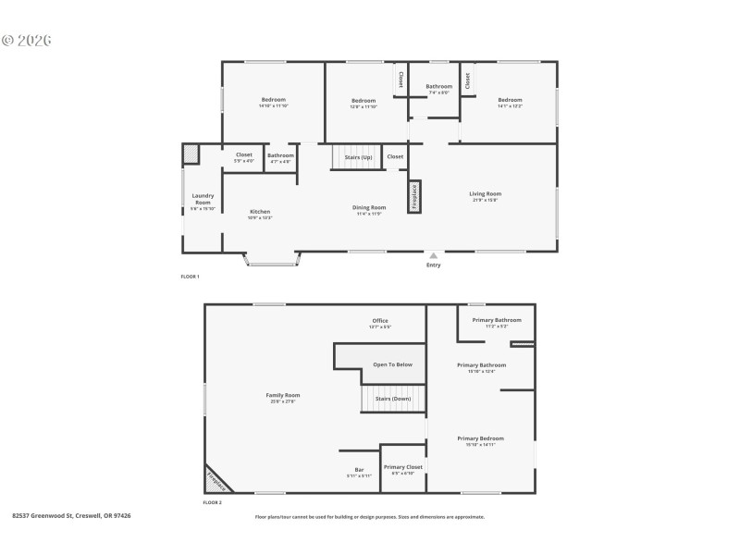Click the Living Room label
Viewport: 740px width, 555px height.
click(x=485, y=193)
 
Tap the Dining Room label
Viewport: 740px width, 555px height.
click(x=369, y=207)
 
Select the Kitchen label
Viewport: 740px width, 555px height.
click(x=260, y=212)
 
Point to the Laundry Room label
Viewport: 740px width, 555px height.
click(x=203, y=198)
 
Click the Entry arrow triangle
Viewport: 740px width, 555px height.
click(x=433, y=255)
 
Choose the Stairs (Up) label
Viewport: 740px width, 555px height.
click(x=358, y=157)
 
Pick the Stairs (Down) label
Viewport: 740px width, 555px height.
click(x=392, y=399)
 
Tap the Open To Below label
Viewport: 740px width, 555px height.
click(x=392, y=364)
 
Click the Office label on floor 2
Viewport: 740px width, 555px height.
click(x=380, y=321)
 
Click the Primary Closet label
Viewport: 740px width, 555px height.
click(x=402, y=467)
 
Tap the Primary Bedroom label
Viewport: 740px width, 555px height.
click(x=480, y=438)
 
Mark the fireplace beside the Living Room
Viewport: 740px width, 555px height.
click(x=414, y=196)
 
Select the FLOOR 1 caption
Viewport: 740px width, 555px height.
click(x=190, y=277)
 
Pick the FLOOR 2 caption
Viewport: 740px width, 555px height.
click(x=212, y=502)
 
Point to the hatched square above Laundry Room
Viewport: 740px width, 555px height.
click(x=191, y=154)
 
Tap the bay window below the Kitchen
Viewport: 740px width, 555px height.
click(x=271, y=262)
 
